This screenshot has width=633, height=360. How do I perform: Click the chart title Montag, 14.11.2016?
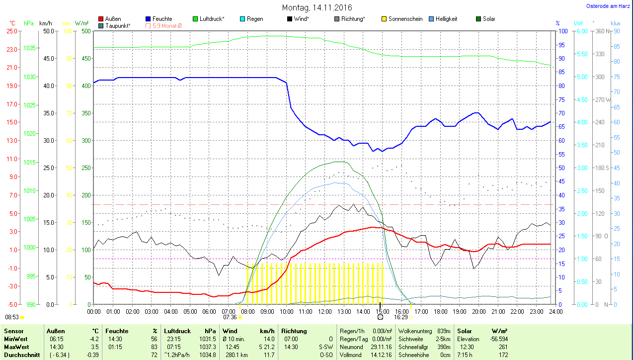pyautogui.click(x=317, y=8)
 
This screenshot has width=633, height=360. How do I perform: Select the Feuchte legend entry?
pyautogui.click(x=162, y=19)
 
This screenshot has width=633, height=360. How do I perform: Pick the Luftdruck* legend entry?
pyautogui.click(x=212, y=19)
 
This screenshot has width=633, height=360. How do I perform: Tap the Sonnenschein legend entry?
pyautogui.click(x=405, y=19)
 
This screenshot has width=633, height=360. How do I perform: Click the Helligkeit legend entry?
pyautogui.click(x=446, y=19)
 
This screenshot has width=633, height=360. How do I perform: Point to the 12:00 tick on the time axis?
pyautogui.click(x=324, y=311)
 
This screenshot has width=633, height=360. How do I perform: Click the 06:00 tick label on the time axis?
pyautogui.click(x=209, y=311)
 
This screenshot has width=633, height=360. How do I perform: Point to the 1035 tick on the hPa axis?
pyautogui.click(x=29, y=48)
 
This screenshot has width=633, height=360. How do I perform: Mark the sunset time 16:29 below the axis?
pyautogui.click(x=400, y=317)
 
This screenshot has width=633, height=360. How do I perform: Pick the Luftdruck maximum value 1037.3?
pyautogui.click(x=207, y=347)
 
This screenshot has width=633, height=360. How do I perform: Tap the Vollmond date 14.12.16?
pyautogui.click(x=382, y=355)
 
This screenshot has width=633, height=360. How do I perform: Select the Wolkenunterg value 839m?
pyautogui.click(x=444, y=331)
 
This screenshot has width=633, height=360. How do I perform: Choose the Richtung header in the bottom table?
pyautogui.click(x=294, y=331)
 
